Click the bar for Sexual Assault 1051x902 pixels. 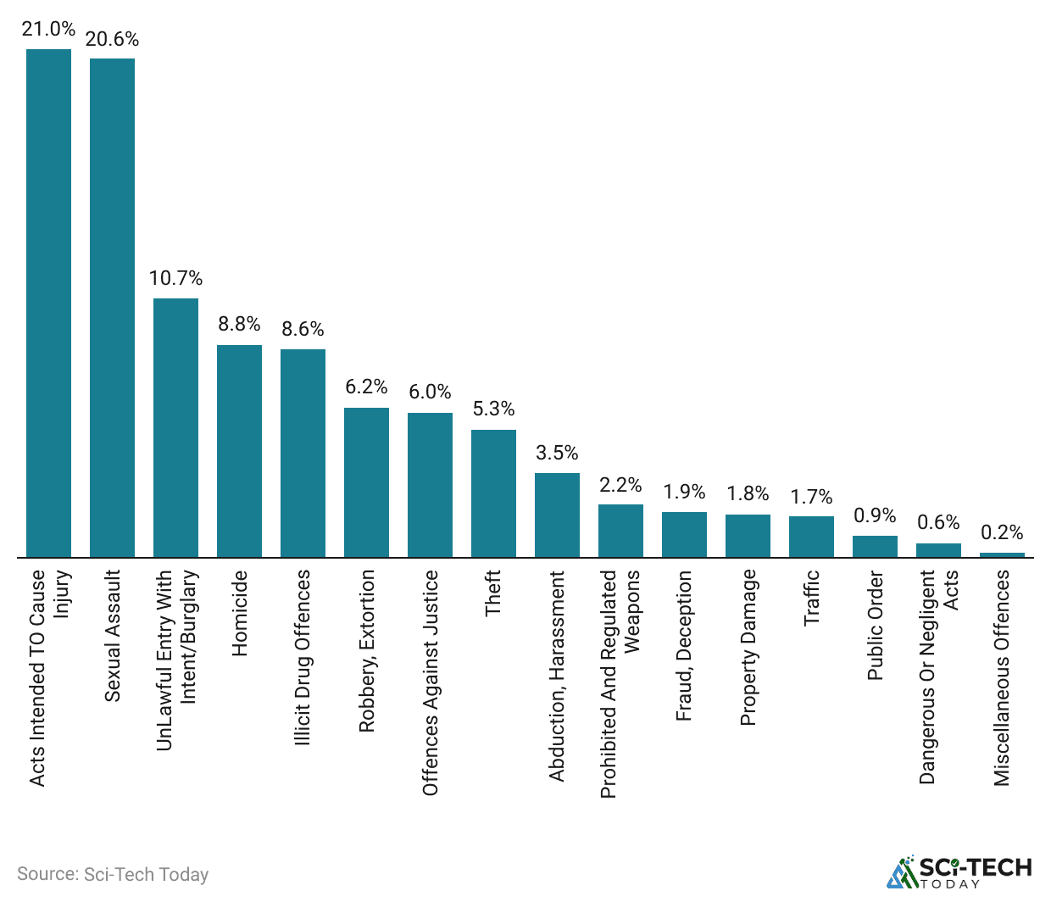(112, 308)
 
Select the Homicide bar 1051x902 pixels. (239, 451)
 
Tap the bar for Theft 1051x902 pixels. (493, 493)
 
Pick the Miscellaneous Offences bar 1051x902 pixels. (1002, 555)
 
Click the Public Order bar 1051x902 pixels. (875, 547)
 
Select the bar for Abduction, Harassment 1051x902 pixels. (557, 515)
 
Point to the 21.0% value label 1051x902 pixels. (48, 29)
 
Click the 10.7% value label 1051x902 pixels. (175, 278)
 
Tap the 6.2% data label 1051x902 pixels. (366, 387)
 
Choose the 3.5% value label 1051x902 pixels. (557, 453)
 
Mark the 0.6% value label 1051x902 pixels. (938, 522)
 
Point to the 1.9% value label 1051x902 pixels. (684, 492)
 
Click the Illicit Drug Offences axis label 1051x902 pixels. (303, 658)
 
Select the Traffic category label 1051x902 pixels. (811, 598)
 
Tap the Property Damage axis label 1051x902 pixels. (748, 648)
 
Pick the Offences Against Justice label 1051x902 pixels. (430, 682)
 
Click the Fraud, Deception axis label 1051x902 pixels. (684, 646)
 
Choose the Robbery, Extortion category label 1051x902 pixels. (366, 651)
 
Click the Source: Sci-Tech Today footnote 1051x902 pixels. (113, 874)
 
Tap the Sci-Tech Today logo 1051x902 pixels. (959, 871)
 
